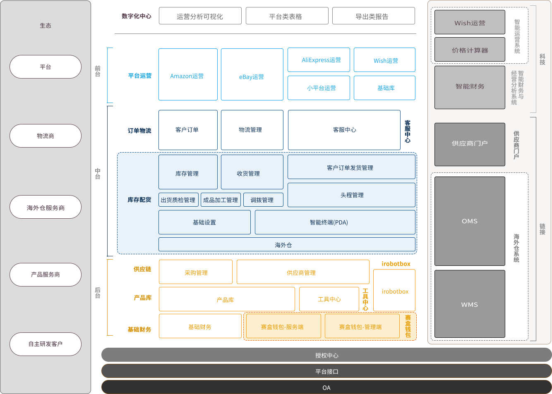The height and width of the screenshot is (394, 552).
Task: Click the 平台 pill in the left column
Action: tap(46, 67)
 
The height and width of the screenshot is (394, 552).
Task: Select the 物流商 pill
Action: tap(46, 136)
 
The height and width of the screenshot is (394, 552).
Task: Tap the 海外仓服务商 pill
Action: tap(46, 208)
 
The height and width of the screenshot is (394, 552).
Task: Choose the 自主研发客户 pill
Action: tap(46, 344)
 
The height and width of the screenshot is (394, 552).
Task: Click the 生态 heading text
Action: tap(46, 26)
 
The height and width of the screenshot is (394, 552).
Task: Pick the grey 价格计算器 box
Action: tap(470, 50)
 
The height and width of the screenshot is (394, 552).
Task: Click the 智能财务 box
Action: tap(470, 87)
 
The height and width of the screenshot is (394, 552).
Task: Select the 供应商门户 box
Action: tap(470, 144)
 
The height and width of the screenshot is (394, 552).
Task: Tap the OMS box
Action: tap(470, 221)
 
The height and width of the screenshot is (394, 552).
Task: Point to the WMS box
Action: tap(470, 304)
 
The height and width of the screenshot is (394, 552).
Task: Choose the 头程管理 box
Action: tap(351, 195)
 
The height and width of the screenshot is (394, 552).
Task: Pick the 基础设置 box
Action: tap(204, 222)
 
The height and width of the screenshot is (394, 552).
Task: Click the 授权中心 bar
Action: tap(326, 355)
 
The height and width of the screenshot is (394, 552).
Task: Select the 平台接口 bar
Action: tap(326, 371)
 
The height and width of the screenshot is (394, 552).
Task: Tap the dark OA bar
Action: tap(326, 387)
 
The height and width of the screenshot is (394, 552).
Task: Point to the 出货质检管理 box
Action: tap(178, 200)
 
